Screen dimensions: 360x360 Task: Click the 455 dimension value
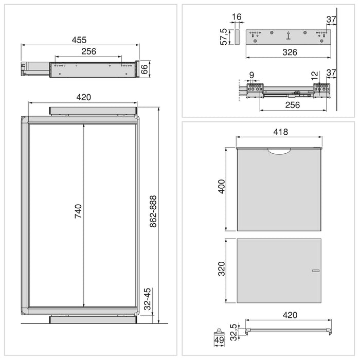(79, 40)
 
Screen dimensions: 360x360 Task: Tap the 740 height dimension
(78, 212)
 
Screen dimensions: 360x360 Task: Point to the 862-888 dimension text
(153, 212)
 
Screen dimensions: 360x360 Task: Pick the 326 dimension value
(288, 52)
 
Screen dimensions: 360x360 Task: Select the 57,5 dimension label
(224, 37)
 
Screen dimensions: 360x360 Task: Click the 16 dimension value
(237, 17)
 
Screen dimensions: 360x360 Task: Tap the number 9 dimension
(251, 76)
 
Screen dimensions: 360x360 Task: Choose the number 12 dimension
(315, 76)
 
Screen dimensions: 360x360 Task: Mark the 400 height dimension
(221, 189)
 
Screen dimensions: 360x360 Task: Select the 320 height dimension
(221, 269)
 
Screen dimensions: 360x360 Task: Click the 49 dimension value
(220, 340)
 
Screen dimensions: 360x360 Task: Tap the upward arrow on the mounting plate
(289, 35)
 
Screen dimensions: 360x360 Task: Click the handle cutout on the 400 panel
(279, 150)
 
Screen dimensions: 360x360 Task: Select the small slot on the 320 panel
(315, 271)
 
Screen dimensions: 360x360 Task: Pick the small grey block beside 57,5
(237, 37)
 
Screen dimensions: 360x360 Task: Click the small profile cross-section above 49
(220, 330)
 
